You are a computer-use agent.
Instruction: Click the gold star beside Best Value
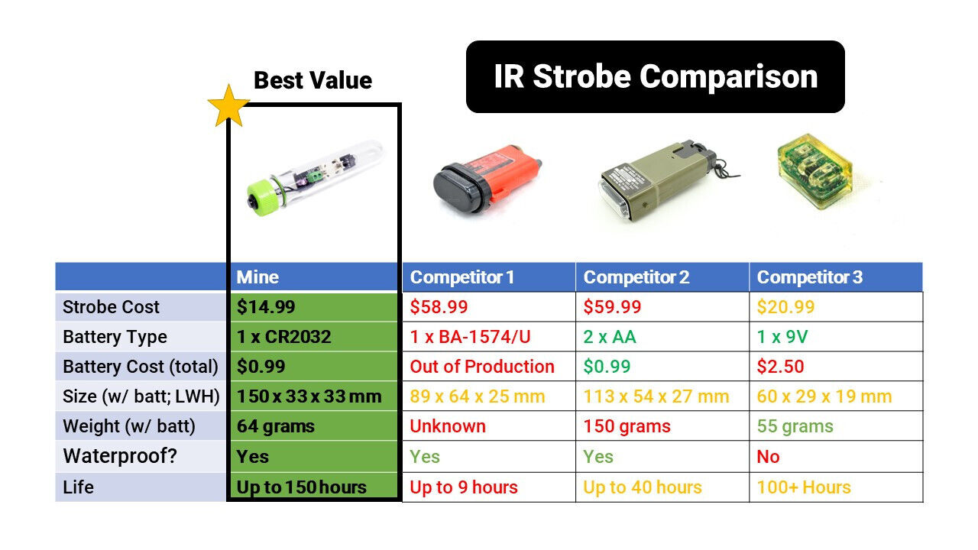pyautogui.click(x=228, y=107)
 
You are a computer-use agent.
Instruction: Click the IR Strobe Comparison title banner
pyautogui.click(x=656, y=77)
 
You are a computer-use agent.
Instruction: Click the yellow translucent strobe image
pyautogui.click(x=814, y=170)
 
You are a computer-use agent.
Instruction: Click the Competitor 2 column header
pyautogui.click(x=662, y=277)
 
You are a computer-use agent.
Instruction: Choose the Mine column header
pyautogui.click(x=313, y=277)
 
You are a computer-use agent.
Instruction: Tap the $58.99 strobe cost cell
pyautogui.click(x=489, y=307)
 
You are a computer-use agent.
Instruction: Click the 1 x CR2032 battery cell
pyautogui.click(x=313, y=337)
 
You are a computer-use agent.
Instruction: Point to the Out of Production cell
pyautogui.click(x=489, y=367)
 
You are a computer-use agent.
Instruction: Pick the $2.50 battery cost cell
pyautogui.click(x=836, y=367)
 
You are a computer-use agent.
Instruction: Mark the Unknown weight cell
pyautogui.click(x=489, y=426)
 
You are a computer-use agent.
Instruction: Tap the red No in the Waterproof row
pyautogui.click(x=768, y=457)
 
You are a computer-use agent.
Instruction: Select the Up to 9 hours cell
pyautogui.click(x=489, y=487)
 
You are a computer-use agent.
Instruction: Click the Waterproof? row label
pyautogui.click(x=120, y=456)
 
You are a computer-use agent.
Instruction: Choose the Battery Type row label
pyautogui.click(x=115, y=338)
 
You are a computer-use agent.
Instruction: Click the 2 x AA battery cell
pyautogui.click(x=662, y=337)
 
